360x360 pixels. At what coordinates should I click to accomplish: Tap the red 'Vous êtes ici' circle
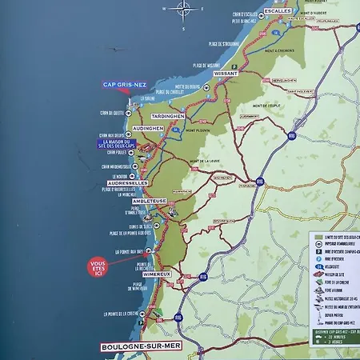(98, 265)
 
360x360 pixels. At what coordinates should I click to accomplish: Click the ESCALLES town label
(279, 9)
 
